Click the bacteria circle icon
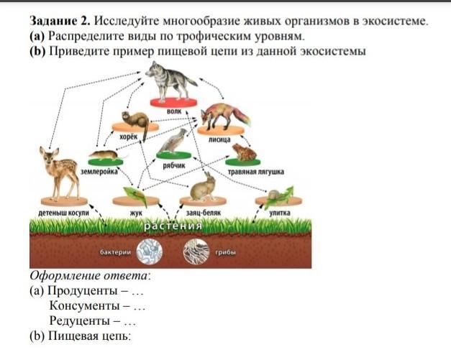coord(150,252)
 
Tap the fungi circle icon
coord(195,252)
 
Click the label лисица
coord(219,140)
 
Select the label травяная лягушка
coord(255,172)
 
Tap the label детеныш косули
coord(63,213)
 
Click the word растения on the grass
coord(173,226)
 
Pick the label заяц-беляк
coord(202,213)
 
